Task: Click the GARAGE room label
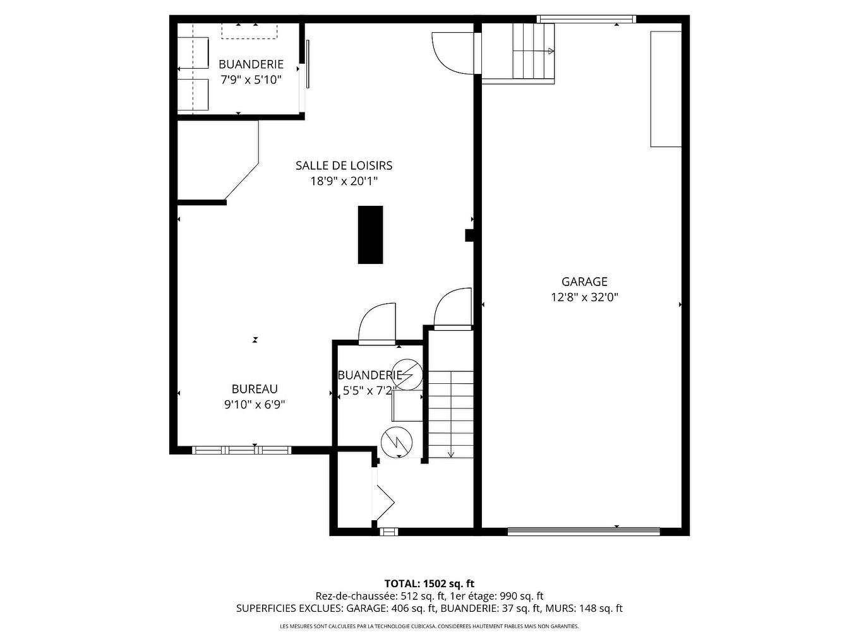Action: [584, 282]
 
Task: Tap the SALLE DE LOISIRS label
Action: [344, 165]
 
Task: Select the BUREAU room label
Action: [255, 390]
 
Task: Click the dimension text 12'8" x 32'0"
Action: [584, 297]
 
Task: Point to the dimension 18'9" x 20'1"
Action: [344, 181]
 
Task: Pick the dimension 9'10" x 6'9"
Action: [255, 405]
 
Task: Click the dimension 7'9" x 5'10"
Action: [251, 80]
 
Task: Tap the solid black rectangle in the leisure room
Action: [370, 235]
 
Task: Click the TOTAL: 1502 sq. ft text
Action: [429, 583]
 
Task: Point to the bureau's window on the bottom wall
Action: [241, 450]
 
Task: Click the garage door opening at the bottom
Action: [584, 531]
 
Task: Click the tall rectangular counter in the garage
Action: [666, 89]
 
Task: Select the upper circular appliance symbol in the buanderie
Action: [407, 374]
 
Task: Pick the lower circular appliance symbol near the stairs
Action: [396, 441]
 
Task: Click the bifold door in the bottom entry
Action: [383, 502]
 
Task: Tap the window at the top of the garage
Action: [587, 19]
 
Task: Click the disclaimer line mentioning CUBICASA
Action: [429, 626]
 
